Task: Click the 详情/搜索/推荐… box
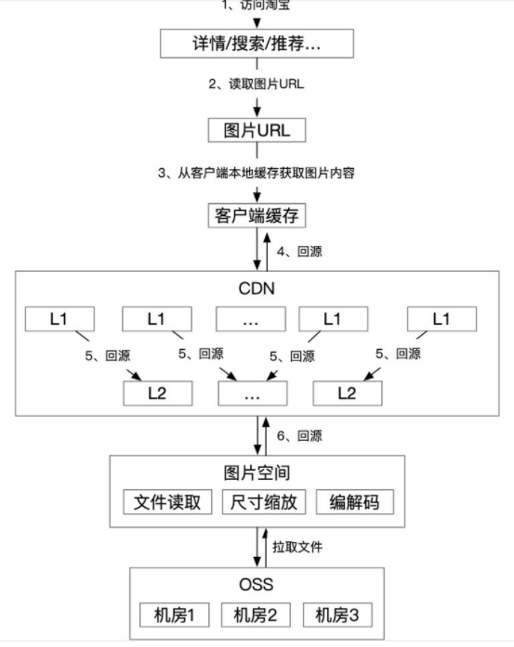tap(257, 43)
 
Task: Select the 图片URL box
tap(257, 130)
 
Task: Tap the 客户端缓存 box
tap(257, 216)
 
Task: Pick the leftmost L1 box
tap(59, 318)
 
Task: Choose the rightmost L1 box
tap(442, 318)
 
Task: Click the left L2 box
tap(159, 393)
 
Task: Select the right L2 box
tap(347, 393)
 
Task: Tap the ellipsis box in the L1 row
tap(250, 318)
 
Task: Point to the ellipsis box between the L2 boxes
tap(253, 393)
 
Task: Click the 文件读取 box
tap(168, 502)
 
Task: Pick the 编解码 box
tap(354, 502)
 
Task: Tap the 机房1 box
tap(174, 615)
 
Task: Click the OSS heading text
tap(257, 585)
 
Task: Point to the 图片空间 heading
tap(257, 472)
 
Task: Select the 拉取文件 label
tap(298, 548)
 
